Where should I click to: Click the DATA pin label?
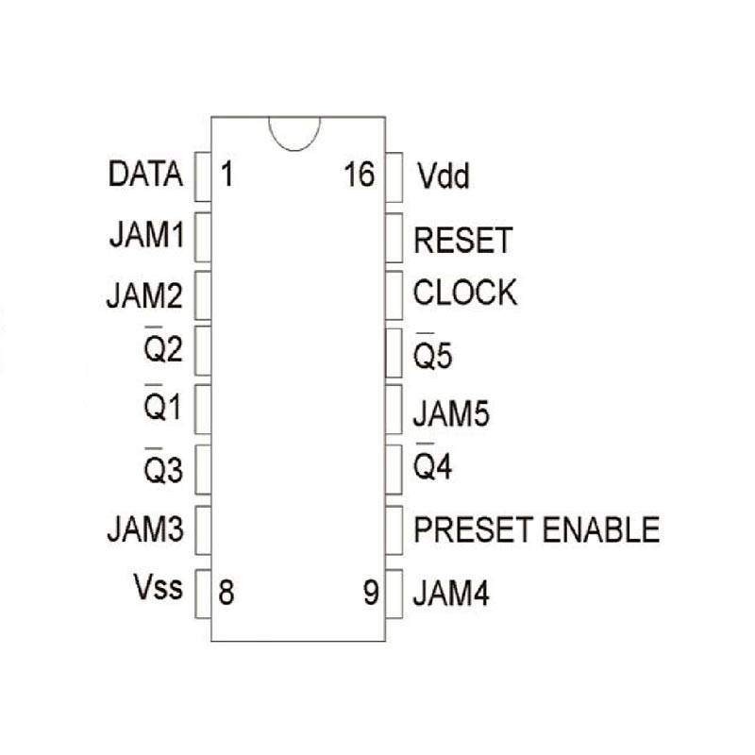[145, 175]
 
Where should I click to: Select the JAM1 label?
[145, 234]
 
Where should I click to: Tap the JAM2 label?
[145, 295]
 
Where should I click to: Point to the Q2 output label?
[162, 352]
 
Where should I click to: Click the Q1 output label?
[162, 408]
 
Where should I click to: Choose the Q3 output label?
[162, 468]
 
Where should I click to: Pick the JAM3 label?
[145, 529]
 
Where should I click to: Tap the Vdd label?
[443, 176]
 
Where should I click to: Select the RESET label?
[462, 241]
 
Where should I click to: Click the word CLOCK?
[465, 294]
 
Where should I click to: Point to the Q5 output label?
[435, 356]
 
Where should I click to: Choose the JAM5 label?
[452, 413]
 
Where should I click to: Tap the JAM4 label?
[452, 596]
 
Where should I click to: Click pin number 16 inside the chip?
[360, 175]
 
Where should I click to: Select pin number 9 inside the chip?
[371, 594]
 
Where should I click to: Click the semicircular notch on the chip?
[294, 131]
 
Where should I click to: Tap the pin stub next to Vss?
[202, 594]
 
